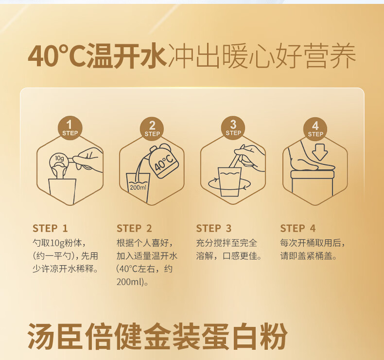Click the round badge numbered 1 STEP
pos(70,128)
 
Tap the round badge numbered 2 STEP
pos(152,129)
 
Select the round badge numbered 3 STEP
pos(233,128)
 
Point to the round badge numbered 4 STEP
pos(315,129)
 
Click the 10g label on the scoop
pos(59,158)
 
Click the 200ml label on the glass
pos(138,187)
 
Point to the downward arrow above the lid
pos(320,152)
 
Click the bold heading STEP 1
pos(50,228)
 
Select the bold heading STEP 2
pos(134,228)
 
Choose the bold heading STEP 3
pos(214,228)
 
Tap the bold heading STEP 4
pos(298,228)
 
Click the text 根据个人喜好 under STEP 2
pos(143,243)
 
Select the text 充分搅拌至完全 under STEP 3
pos(227,243)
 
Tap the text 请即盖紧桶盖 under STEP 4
pos(307,256)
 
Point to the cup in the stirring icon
pos(229,182)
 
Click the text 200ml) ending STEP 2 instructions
pos(130,282)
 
